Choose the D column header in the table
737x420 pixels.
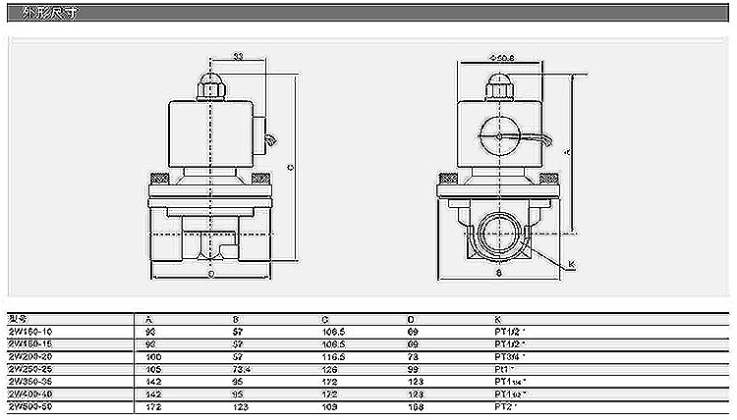[410, 319]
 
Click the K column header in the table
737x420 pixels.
[496, 319]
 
